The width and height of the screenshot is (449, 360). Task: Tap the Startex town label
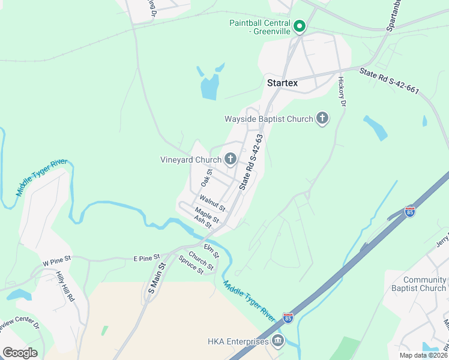click(x=282, y=83)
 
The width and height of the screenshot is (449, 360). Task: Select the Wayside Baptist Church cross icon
click(x=322, y=119)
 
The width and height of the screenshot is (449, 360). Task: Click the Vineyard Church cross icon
click(x=230, y=160)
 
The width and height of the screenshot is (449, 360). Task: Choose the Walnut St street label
click(x=212, y=203)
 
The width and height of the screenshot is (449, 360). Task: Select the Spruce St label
click(x=191, y=264)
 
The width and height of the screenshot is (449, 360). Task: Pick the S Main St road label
click(x=155, y=278)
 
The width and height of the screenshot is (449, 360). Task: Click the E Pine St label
click(x=147, y=257)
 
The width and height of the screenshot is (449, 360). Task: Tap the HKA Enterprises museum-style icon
click(x=278, y=342)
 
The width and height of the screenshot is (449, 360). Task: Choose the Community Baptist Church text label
click(x=424, y=284)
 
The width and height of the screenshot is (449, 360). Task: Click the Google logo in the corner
click(x=20, y=352)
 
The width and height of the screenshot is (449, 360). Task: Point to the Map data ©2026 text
click(x=423, y=355)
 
